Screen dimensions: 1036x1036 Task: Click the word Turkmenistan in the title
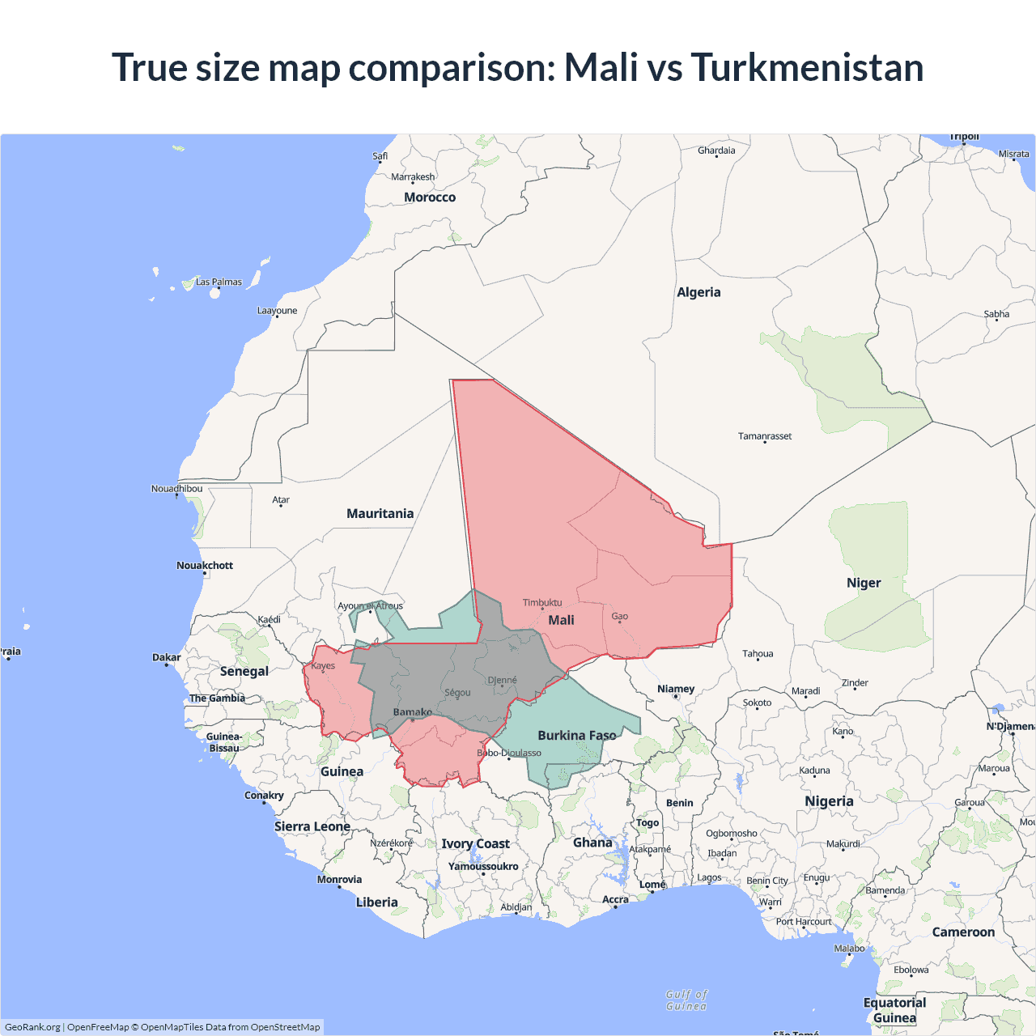807,67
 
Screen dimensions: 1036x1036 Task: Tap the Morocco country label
430,197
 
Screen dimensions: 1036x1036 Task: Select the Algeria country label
698,292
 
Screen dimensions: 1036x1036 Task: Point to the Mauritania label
380,514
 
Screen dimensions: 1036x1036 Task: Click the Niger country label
864,583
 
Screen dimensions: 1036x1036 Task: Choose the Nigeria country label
829,801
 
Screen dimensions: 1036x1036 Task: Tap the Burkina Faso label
576,736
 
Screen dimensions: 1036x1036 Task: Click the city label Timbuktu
541,602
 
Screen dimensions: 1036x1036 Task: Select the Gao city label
619,617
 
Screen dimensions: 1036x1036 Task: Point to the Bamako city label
412,712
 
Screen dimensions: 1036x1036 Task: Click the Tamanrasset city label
765,436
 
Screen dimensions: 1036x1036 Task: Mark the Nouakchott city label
205,566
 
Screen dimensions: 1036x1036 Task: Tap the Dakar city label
167,657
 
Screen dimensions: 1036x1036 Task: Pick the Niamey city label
676,689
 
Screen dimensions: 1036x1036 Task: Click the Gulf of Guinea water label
686,1000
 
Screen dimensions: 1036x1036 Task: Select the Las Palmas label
219,282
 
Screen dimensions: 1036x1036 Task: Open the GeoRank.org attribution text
32,1027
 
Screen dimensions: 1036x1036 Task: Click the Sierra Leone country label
312,826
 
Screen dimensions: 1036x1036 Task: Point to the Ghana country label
592,843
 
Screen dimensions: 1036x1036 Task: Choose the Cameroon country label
963,932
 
